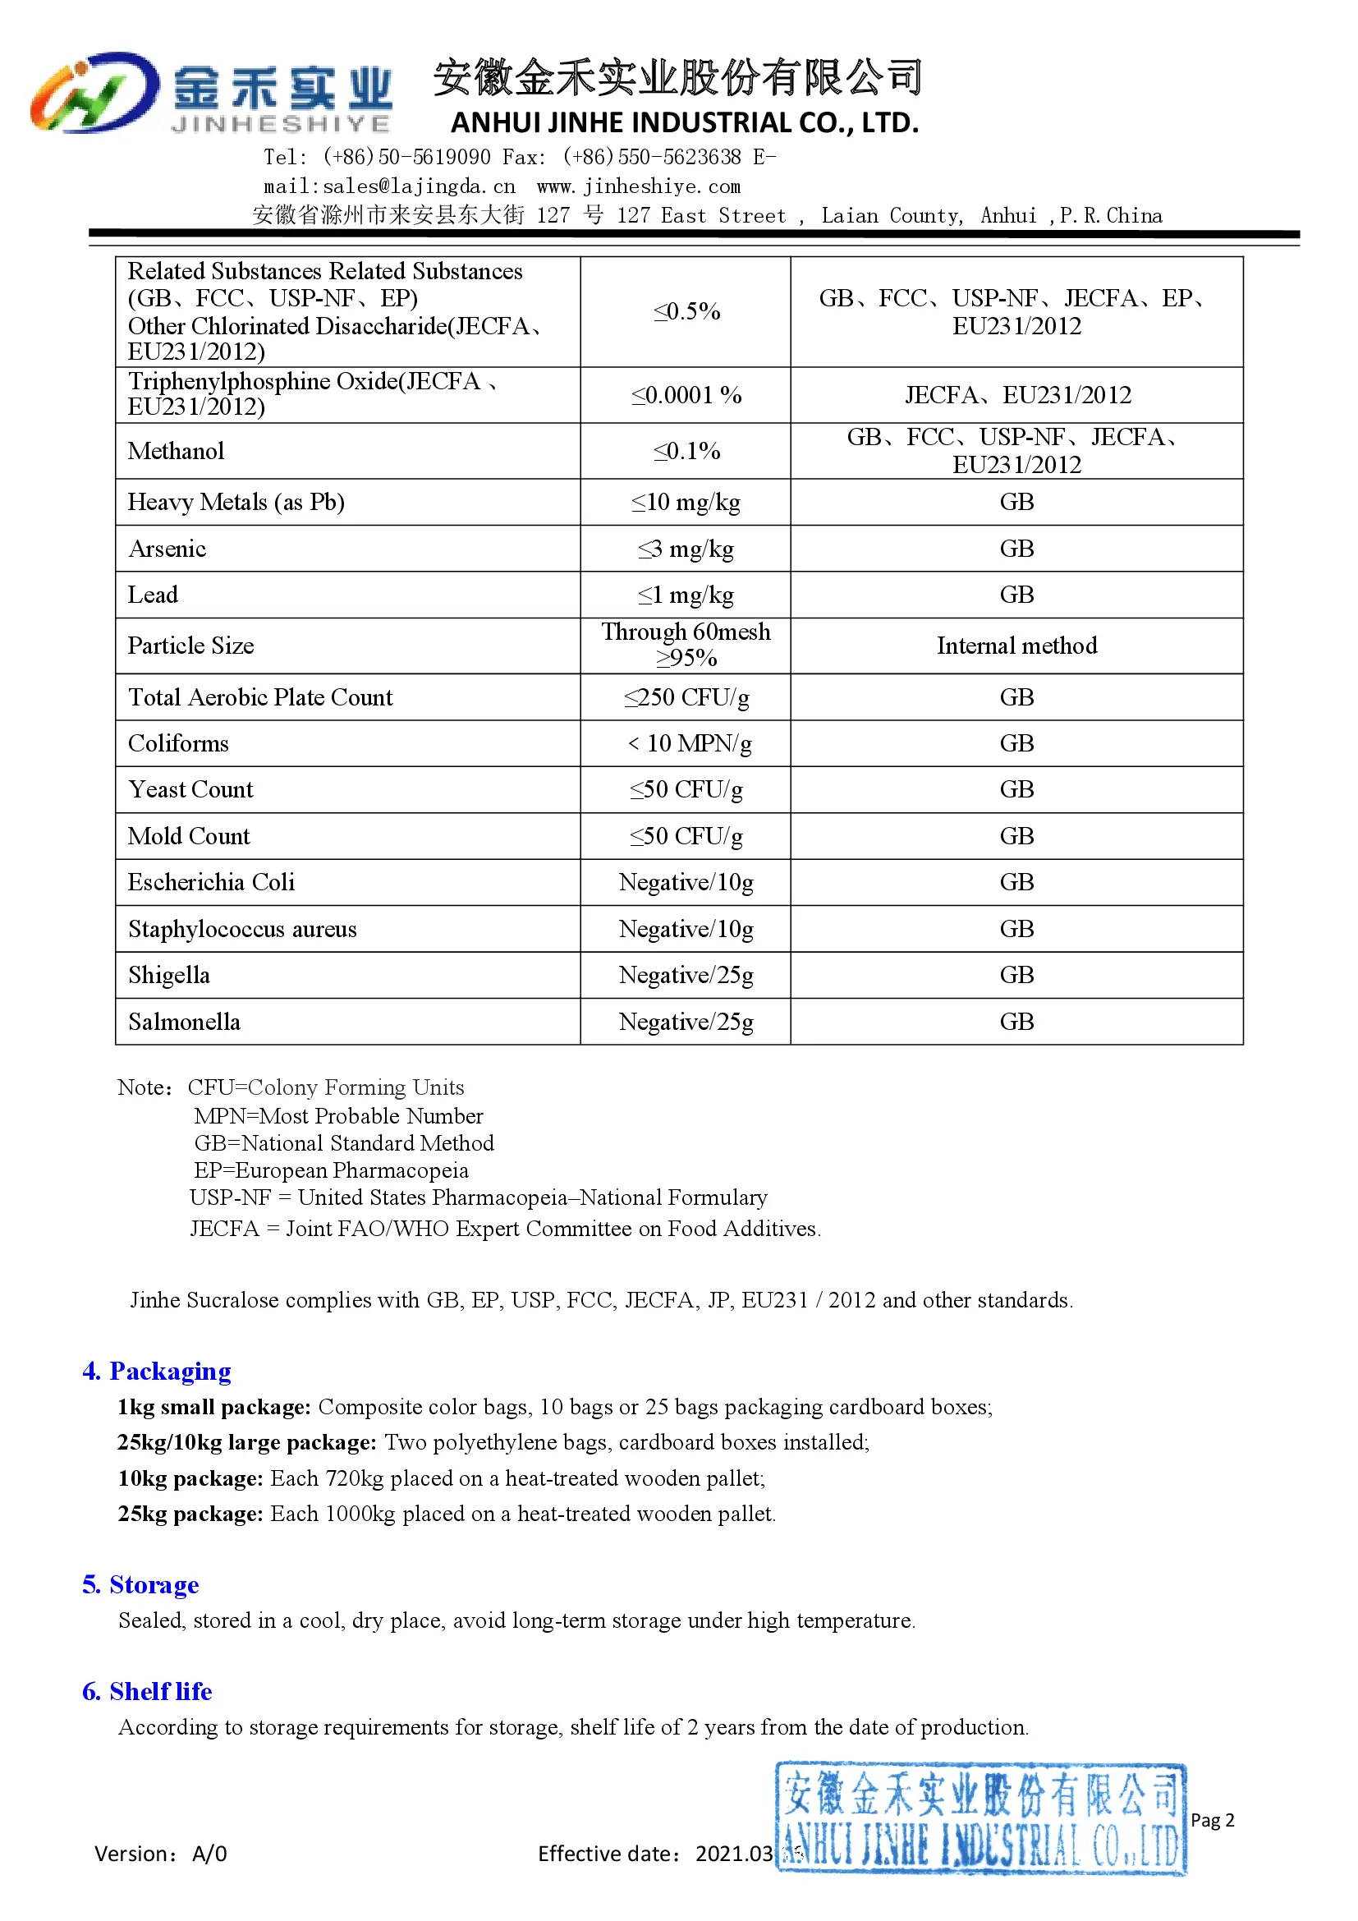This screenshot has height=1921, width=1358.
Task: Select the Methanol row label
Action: click(x=176, y=452)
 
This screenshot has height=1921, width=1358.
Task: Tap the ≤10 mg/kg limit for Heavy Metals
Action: click(x=686, y=502)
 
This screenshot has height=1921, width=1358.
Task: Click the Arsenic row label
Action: click(x=167, y=549)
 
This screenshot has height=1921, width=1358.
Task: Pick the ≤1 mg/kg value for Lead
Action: click(x=686, y=595)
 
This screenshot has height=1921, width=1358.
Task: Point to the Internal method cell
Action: click(x=1016, y=646)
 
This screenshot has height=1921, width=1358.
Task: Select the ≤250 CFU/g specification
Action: click(x=686, y=697)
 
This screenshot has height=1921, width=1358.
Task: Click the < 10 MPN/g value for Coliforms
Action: click(x=689, y=743)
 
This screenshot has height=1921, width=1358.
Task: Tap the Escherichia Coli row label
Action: click(x=212, y=882)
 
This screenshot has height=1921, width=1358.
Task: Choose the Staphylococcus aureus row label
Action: click(x=242, y=929)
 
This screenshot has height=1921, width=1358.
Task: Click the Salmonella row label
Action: click(x=184, y=1022)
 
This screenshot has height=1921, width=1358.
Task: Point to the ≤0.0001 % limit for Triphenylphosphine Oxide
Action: click(x=686, y=395)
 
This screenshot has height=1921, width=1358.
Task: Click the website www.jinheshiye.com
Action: click(x=639, y=186)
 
